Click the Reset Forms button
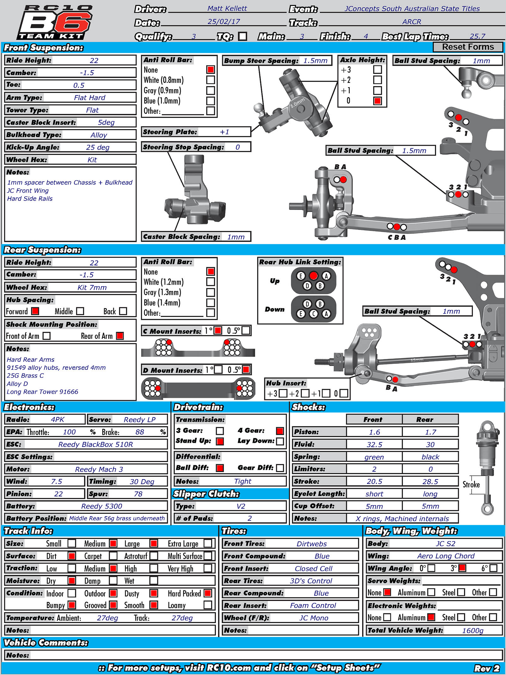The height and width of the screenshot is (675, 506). [467, 47]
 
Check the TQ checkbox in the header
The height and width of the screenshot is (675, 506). [243, 36]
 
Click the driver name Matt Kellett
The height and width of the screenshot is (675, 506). [227, 9]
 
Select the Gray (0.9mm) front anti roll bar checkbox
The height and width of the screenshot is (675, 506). [211, 90]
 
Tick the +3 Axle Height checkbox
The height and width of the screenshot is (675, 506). [377, 70]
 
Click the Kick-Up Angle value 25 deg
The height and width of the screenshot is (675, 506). [98, 147]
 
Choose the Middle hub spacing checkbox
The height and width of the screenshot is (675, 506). [80, 311]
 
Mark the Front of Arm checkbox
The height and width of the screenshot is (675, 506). [46, 336]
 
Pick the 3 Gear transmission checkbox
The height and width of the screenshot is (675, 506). [220, 431]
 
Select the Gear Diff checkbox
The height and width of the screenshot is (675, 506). [280, 468]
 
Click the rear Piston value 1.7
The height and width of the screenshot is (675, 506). [430, 432]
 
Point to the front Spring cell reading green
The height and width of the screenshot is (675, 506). [374, 457]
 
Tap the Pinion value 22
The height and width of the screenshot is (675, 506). [59, 494]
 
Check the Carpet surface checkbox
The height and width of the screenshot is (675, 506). [113, 556]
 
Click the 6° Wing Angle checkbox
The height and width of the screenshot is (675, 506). [493, 568]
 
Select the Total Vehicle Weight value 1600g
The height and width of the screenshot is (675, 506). [472, 630]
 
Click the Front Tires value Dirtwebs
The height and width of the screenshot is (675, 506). [312, 544]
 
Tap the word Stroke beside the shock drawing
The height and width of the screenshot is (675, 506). [471, 485]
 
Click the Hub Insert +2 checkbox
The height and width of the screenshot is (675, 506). [305, 393]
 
